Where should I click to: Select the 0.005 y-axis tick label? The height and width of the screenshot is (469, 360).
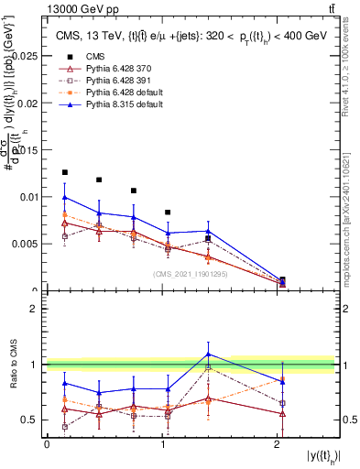(x=26, y=244)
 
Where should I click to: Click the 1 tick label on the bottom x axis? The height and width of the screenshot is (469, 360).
(x=163, y=444)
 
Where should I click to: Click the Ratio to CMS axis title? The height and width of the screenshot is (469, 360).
(x=12, y=365)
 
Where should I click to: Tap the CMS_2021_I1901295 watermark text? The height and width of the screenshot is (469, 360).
(x=191, y=274)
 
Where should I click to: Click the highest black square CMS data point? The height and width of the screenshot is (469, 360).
(x=64, y=172)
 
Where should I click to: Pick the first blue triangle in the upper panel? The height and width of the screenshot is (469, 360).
(x=64, y=197)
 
